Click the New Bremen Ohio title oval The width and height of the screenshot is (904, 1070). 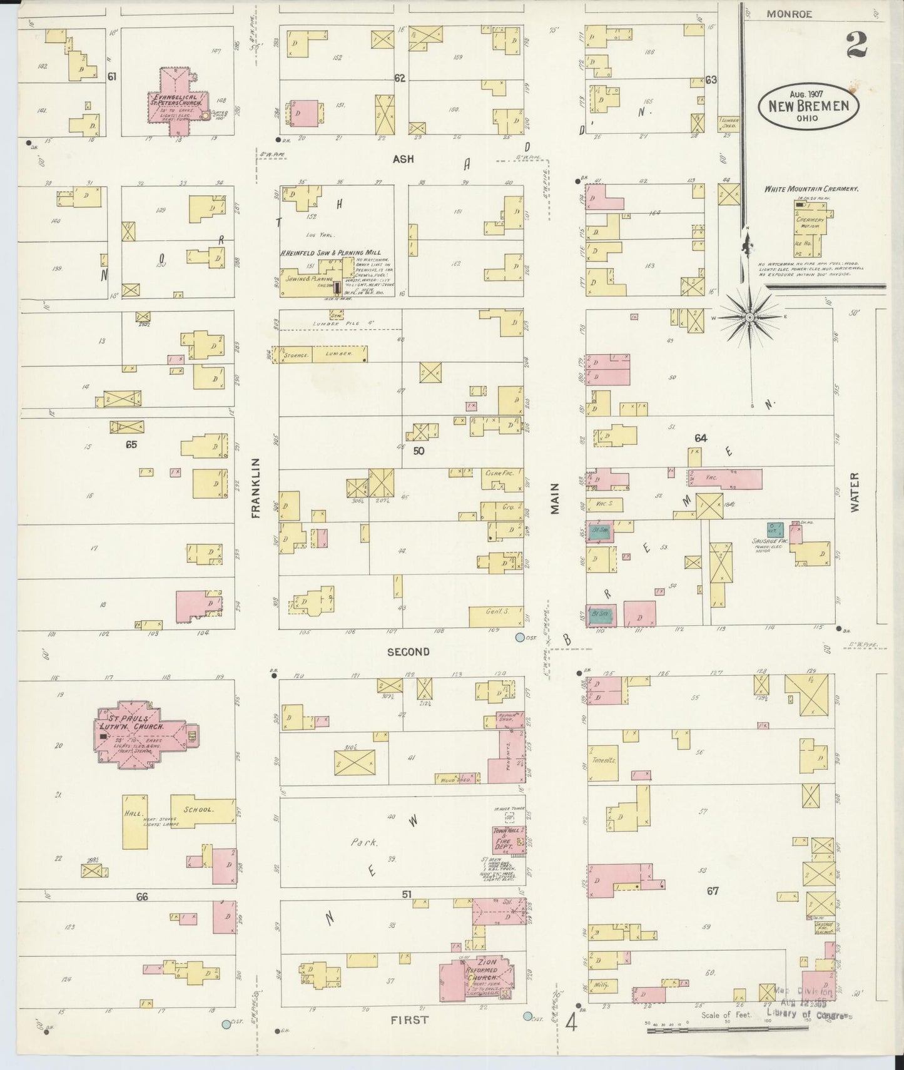tap(808, 104)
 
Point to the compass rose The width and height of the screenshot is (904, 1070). tap(749, 318)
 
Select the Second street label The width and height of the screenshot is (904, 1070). tap(408, 651)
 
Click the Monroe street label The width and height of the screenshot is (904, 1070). tap(789, 14)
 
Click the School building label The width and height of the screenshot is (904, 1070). tap(200, 809)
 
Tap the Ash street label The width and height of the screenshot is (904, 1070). tap(403, 159)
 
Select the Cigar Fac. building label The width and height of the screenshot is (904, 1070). tap(499, 473)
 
